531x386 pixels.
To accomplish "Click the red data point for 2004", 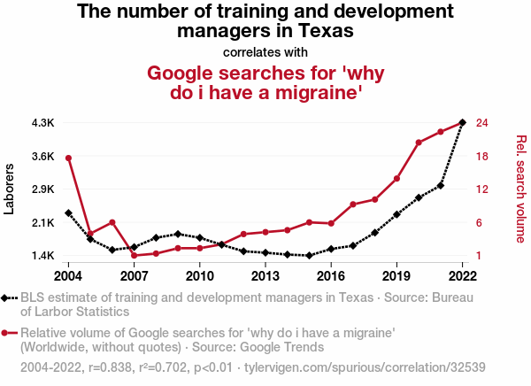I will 68,158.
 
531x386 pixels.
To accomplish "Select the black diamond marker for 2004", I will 68,213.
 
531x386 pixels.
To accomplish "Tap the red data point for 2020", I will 419,143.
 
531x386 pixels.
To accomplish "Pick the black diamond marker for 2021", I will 441,185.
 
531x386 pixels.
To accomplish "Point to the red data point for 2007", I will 134,256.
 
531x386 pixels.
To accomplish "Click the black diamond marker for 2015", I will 309,256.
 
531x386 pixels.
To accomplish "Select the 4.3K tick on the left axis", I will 42,122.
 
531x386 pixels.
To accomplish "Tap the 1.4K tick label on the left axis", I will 42,256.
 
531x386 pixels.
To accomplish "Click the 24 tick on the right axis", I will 483,122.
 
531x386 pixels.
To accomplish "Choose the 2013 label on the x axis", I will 265,274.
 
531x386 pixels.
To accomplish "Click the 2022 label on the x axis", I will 463,274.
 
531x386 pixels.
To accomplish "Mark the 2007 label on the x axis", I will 134,274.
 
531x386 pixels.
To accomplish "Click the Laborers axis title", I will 10,189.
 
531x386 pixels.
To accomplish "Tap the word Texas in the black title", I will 317,31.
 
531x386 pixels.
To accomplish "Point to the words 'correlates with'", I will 265,51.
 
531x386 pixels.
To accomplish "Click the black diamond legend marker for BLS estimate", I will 7,298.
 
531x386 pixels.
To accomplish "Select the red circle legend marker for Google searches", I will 7,334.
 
